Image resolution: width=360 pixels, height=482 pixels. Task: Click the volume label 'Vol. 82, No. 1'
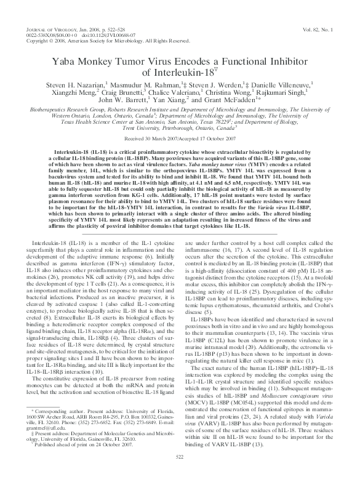pos(320,30)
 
